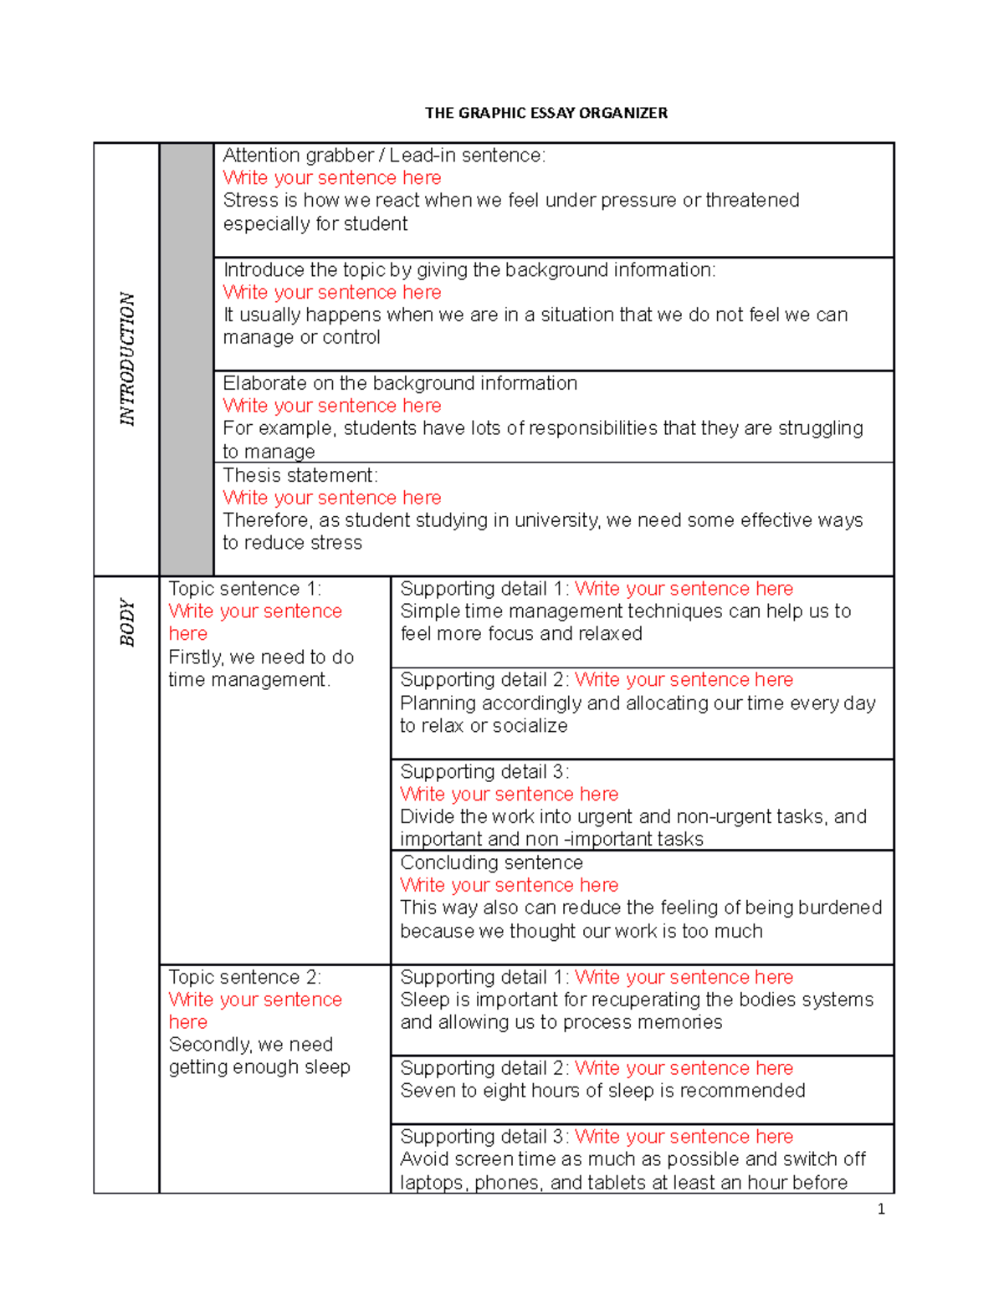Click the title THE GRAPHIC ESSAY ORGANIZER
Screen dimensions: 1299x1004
click(x=546, y=113)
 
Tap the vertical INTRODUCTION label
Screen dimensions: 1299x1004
click(x=126, y=359)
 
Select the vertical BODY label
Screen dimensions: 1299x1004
click(x=126, y=621)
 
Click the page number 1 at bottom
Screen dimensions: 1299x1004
click(x=880, y=1209)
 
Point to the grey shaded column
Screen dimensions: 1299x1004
click(x=187, y=359)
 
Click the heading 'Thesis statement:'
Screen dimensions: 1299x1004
click(x=300, y=475)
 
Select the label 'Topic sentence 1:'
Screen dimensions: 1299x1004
click(x=244, y=589)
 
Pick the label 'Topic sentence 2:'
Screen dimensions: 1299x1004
click(x=244, y=977)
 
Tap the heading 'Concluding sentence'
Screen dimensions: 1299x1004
click(x=491, y=862)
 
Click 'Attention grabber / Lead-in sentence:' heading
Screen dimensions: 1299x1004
click(x=383, y=156)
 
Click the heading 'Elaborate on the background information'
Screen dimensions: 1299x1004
click(x=399, y=383)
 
